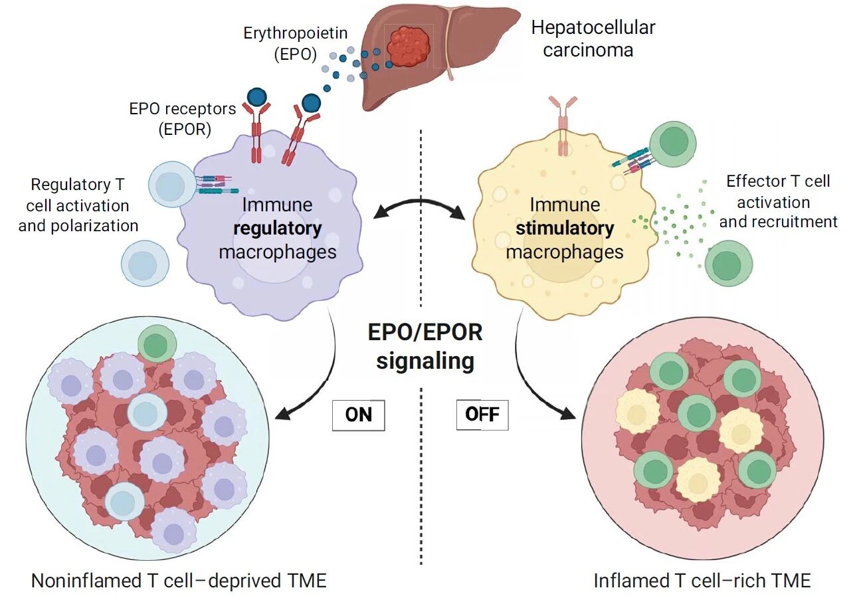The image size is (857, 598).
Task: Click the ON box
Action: [359, 415]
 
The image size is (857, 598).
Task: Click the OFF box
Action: [482, 415]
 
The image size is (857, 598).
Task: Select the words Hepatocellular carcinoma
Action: [593, 38]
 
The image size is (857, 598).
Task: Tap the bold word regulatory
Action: [278, 229]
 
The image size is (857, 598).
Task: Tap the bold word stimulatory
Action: [565, 229]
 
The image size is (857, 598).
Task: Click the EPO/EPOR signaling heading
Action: [425, 346]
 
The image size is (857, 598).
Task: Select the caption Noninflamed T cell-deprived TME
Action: [179, 581]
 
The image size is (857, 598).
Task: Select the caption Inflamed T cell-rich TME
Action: [702, 581]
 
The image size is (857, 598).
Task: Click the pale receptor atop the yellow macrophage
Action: [563, 124]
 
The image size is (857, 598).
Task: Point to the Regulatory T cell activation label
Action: [78, 204]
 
